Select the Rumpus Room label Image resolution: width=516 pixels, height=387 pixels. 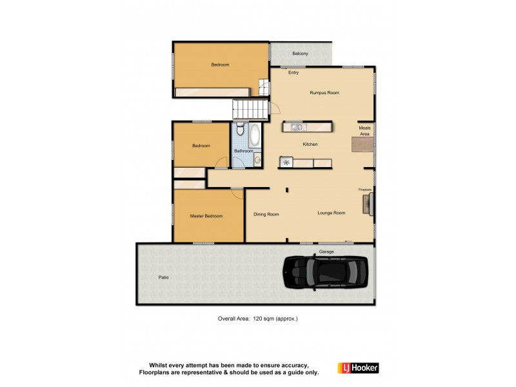coord(324,93)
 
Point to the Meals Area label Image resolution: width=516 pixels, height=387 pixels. coord(364,131)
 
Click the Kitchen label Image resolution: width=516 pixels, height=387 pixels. coord(310,144)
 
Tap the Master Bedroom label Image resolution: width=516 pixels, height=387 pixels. coord(206,216)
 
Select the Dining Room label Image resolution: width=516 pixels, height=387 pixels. coord(266,214)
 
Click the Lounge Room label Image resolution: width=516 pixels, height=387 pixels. coord(332,213)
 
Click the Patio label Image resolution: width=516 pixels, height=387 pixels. coord(164,277)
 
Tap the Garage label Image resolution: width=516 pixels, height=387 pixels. coord(326,252)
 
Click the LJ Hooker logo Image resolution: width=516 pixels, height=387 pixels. coord(358,368)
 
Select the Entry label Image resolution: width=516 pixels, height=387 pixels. coord(293,72)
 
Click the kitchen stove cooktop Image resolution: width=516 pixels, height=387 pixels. coord(286,163)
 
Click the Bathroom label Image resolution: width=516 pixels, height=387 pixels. coord(243,151)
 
